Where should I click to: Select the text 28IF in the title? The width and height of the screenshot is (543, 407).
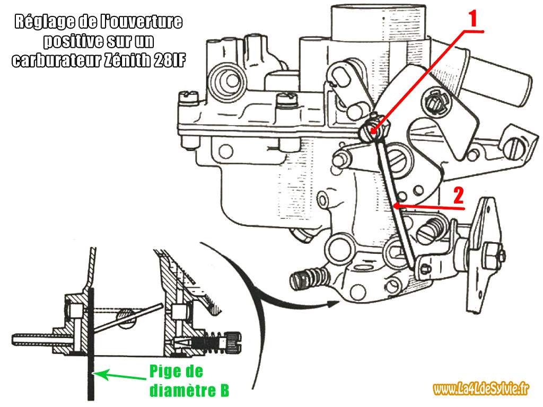click(x=168, y=60)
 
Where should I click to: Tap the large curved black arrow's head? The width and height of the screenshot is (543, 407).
click(x=333, y=303)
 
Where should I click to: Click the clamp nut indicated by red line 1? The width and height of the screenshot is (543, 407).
click(x=372, y=130)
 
